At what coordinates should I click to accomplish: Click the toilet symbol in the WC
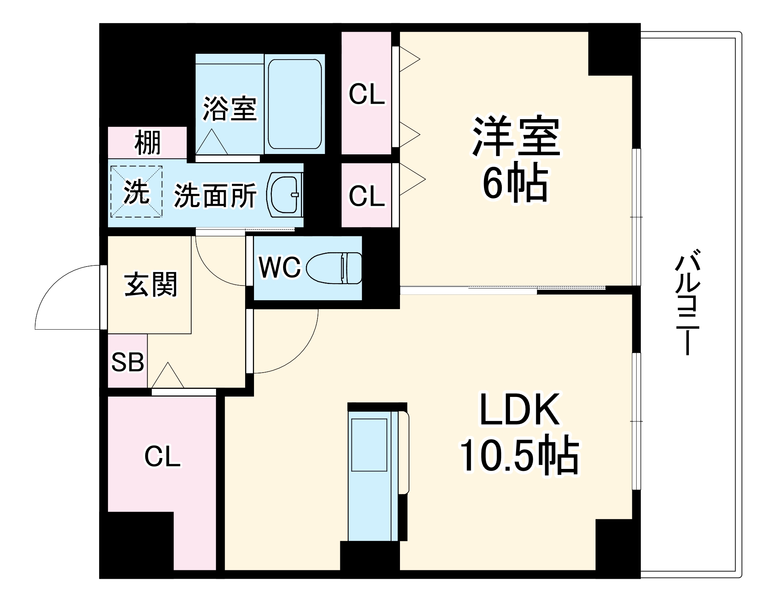(x=334, y=268)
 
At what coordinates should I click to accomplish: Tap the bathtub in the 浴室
(x=295, y=104)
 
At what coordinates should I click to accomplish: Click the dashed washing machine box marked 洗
(x=136, y=192)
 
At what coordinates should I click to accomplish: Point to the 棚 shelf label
(x=147, y=143)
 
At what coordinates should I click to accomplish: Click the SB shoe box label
(x=127, y=362)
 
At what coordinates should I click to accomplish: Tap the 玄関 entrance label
(x=151, y=284)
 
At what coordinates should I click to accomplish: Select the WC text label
(x=280, y=267)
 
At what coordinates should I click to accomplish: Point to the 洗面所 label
(x=215, y=195)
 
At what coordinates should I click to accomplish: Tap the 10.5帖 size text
(x=519, y=456)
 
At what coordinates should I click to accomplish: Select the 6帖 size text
(x=515, y=184)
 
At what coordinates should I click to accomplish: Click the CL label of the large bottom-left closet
(x=162, y=457)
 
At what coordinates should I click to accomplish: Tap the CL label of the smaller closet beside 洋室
(x=367, y=196)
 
